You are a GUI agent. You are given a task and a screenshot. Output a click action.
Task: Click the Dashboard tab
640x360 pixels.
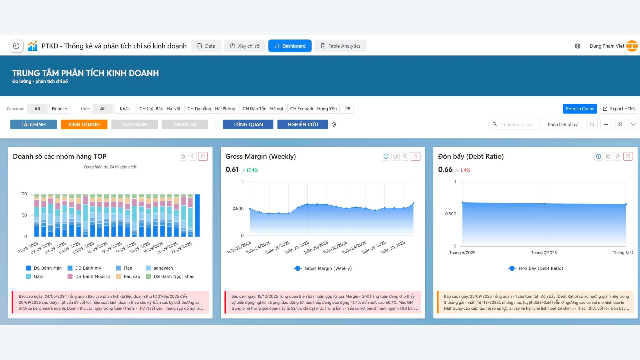tap(290, 46)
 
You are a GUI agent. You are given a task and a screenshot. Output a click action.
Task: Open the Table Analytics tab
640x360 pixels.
tap(340, 46)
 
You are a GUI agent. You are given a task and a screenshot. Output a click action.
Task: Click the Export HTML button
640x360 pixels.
tap(619, 109)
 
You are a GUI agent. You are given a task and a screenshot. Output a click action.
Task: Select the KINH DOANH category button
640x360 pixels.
tap(84, 124)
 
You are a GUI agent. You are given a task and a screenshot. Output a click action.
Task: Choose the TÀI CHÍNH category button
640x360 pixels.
tap(34, 124)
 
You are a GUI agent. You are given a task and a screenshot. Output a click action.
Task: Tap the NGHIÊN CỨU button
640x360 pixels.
tap(302, 124)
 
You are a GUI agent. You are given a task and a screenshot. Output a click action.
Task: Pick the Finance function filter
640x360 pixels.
tap(59, 109)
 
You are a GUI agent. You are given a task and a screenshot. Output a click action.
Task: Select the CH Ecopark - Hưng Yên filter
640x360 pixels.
tap(313, 109)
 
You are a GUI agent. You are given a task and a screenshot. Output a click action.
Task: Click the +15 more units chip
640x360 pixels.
tap(347, 109)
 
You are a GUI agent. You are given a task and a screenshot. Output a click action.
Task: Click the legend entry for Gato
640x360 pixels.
tap(38, 276)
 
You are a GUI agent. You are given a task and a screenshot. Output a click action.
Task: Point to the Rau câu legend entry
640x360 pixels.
tap(132, 276)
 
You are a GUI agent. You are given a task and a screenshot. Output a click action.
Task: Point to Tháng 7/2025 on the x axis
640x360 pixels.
tap(544, 253)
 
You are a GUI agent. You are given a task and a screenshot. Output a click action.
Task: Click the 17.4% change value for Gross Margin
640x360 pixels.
tap(252, 170)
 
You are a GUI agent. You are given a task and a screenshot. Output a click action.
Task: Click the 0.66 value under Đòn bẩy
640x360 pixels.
tap(445, 169)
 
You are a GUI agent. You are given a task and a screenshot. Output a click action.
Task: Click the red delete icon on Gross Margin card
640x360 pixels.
tap(415, 156)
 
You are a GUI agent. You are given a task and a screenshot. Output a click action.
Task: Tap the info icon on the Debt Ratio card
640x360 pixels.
tap(599, 156)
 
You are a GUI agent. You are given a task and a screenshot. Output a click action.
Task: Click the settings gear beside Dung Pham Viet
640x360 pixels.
tap(578, 46)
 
